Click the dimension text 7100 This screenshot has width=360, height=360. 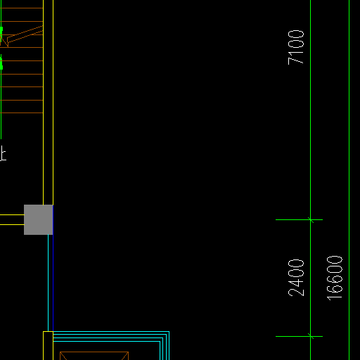(296, 47)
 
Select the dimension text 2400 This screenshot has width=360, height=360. (296, 278)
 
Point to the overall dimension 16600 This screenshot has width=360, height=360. (335, 278)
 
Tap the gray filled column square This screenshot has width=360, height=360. (39, 219)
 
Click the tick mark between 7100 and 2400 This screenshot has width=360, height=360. (311, 220)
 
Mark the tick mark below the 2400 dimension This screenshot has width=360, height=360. (311, 336)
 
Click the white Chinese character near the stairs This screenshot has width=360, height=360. (3, 153)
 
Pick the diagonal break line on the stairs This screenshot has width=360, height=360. (25, 34)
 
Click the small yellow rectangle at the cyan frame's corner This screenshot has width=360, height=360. (48, 345)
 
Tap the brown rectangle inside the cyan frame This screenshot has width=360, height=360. (94, 356)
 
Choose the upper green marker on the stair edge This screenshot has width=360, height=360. (1, 30)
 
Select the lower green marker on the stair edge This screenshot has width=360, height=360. (1, 64)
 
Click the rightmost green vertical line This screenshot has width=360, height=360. (349, 180)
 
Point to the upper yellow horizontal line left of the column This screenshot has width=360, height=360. (12, 214)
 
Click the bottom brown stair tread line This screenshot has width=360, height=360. (22, 113)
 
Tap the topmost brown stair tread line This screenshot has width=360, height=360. (22, 8)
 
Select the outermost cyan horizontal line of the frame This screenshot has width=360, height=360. (111, 332)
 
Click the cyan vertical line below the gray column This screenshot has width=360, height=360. (49, 283)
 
